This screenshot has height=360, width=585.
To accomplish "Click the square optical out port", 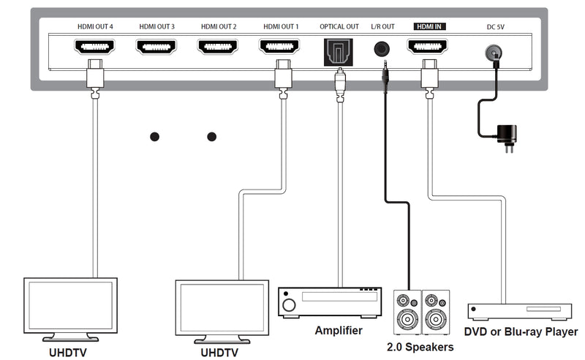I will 339,50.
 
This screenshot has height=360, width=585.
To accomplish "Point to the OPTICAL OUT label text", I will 339,26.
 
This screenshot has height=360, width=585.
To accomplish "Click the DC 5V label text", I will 496,27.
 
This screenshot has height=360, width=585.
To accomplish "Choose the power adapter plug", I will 505,134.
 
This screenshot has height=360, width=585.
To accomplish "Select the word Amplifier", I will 339,331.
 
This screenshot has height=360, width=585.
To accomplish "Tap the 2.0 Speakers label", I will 420,347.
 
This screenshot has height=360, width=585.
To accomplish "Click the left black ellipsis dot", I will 154,137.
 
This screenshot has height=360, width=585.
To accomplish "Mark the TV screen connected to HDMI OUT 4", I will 70,305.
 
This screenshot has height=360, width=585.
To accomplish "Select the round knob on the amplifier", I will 289,304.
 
